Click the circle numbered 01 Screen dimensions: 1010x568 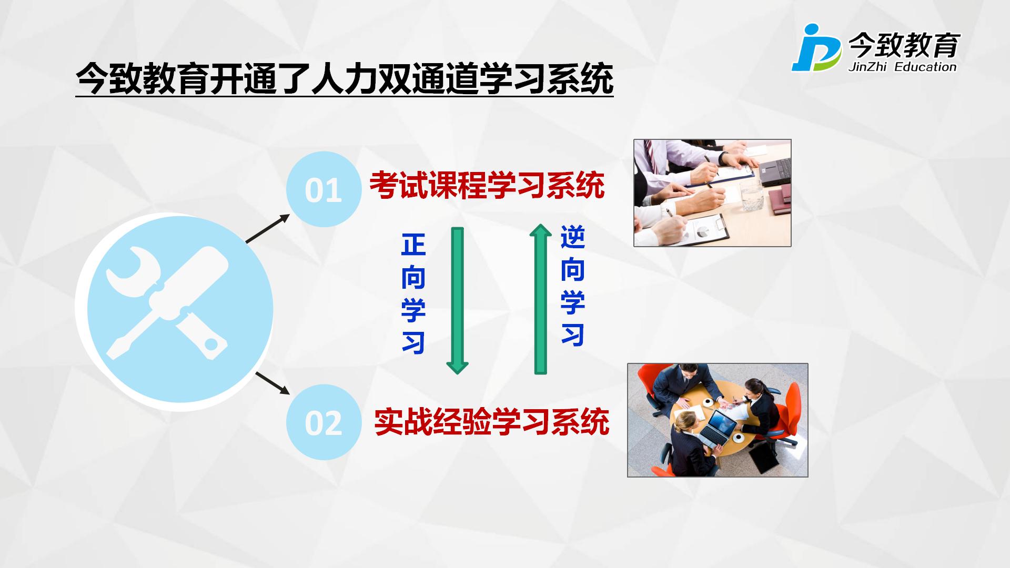tap(324, 189)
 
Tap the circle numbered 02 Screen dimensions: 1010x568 tap(324, 422)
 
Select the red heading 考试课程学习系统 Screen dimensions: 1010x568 tap(487, 185)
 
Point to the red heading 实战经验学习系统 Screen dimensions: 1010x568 tap(491, 421)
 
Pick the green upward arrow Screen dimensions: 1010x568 tap(540, 299)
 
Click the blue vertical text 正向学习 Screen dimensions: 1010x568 tap(413, 293)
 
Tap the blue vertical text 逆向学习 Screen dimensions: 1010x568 tap(573, 286)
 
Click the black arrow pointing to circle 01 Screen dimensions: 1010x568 tap(268, 228)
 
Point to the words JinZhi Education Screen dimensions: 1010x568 tap(902, 67)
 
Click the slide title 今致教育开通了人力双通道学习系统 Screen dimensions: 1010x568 tap(345, 79)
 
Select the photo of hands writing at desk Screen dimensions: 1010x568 tap(712, 193)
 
